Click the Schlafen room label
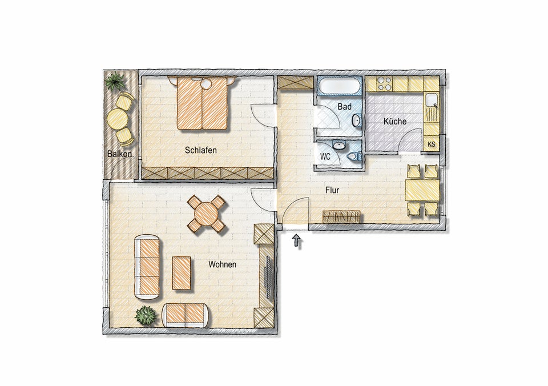tap(200, 150)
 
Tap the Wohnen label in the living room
tap(222, 265)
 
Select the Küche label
tap(395, 121)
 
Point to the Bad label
tap(344, 106)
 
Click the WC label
tap(325, 157)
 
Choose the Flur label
tap(332, 191)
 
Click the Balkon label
tap(119, 154)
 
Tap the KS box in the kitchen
tap(432, 144)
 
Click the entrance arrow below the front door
tap(297, 241)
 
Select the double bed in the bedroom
tap(202, 103)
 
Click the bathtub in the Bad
tap(338, 86)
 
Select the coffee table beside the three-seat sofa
tap(182, 273)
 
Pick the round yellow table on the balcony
tap(116, 119)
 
